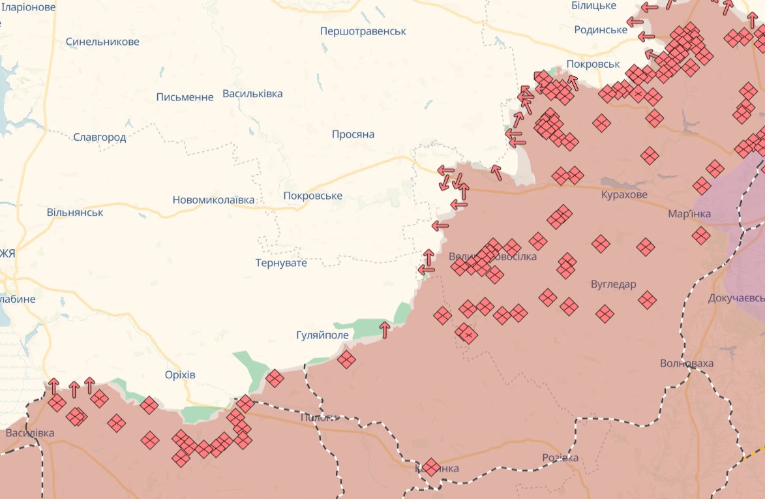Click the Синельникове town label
point(102,42)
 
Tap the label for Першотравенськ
point(363,31)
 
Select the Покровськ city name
point(593,64)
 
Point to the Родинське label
point(601,30)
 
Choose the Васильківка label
point(252,94)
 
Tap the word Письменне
point(185,97)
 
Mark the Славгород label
point(100,138)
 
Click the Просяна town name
point(353,134)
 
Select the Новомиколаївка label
point(213,200)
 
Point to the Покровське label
point(313,196)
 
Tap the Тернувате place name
point(281,263)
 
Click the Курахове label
point(624,195)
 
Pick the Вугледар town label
point(613,284)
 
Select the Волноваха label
point(687,363)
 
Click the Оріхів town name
point(180,375)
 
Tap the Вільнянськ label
point(75,213)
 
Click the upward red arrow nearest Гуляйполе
point(385,329)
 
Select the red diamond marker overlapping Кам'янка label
point(430,467)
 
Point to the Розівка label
point(560,458)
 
